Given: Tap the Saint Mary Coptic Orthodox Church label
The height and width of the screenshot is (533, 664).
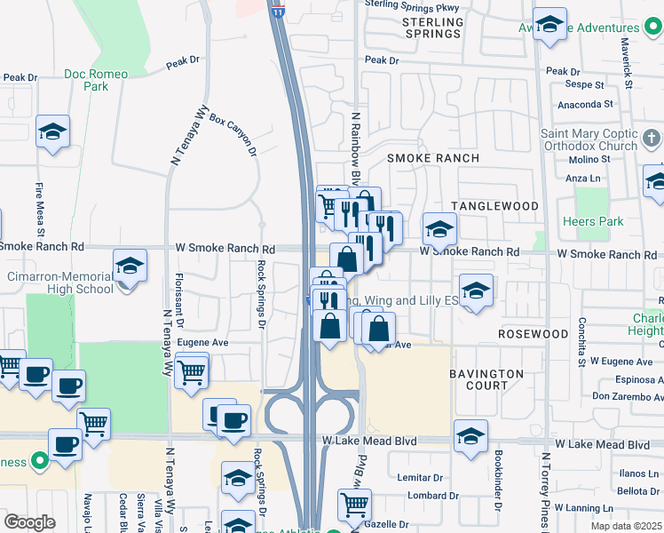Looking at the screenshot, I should tap(589, 139).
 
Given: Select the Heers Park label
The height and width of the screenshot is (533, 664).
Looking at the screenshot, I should tap(593, 221).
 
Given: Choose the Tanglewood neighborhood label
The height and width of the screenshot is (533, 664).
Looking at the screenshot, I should tap(494, 206).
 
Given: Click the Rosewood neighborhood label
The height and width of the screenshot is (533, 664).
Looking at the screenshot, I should tap(533, 334).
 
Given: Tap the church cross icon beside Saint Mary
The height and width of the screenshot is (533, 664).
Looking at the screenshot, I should tap(652, 139).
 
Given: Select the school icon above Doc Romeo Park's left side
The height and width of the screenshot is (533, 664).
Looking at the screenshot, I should tap(52, 132).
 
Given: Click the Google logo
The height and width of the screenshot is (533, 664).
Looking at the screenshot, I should tap(29, 521).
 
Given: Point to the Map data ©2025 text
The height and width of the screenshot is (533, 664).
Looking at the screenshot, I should tap(625, 526).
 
